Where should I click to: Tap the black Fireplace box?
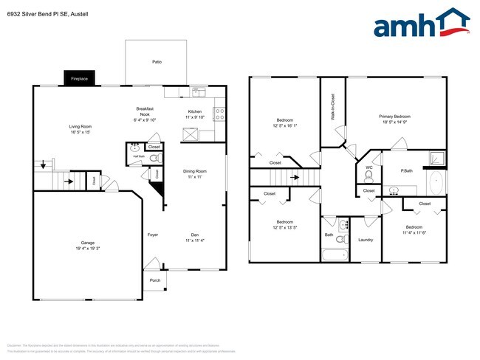[x=78, y=78]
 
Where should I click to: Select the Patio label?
[x=157, y=61]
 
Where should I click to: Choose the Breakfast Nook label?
[x=144, y=113]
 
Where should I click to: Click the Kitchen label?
[x=194, y=114]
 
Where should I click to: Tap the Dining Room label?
[x=194, y=173]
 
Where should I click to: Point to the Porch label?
[x=155, y=280]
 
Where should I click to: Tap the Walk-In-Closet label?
[x=333, y=108]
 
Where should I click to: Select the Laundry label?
[x=366, y=240]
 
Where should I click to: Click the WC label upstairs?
[x=368, y=167]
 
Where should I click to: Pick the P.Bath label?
[x=406, y=172]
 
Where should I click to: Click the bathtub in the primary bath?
[x=436, y=182]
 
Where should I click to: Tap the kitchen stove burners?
[x=219, y=114]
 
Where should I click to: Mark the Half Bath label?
[x=138, y=156]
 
